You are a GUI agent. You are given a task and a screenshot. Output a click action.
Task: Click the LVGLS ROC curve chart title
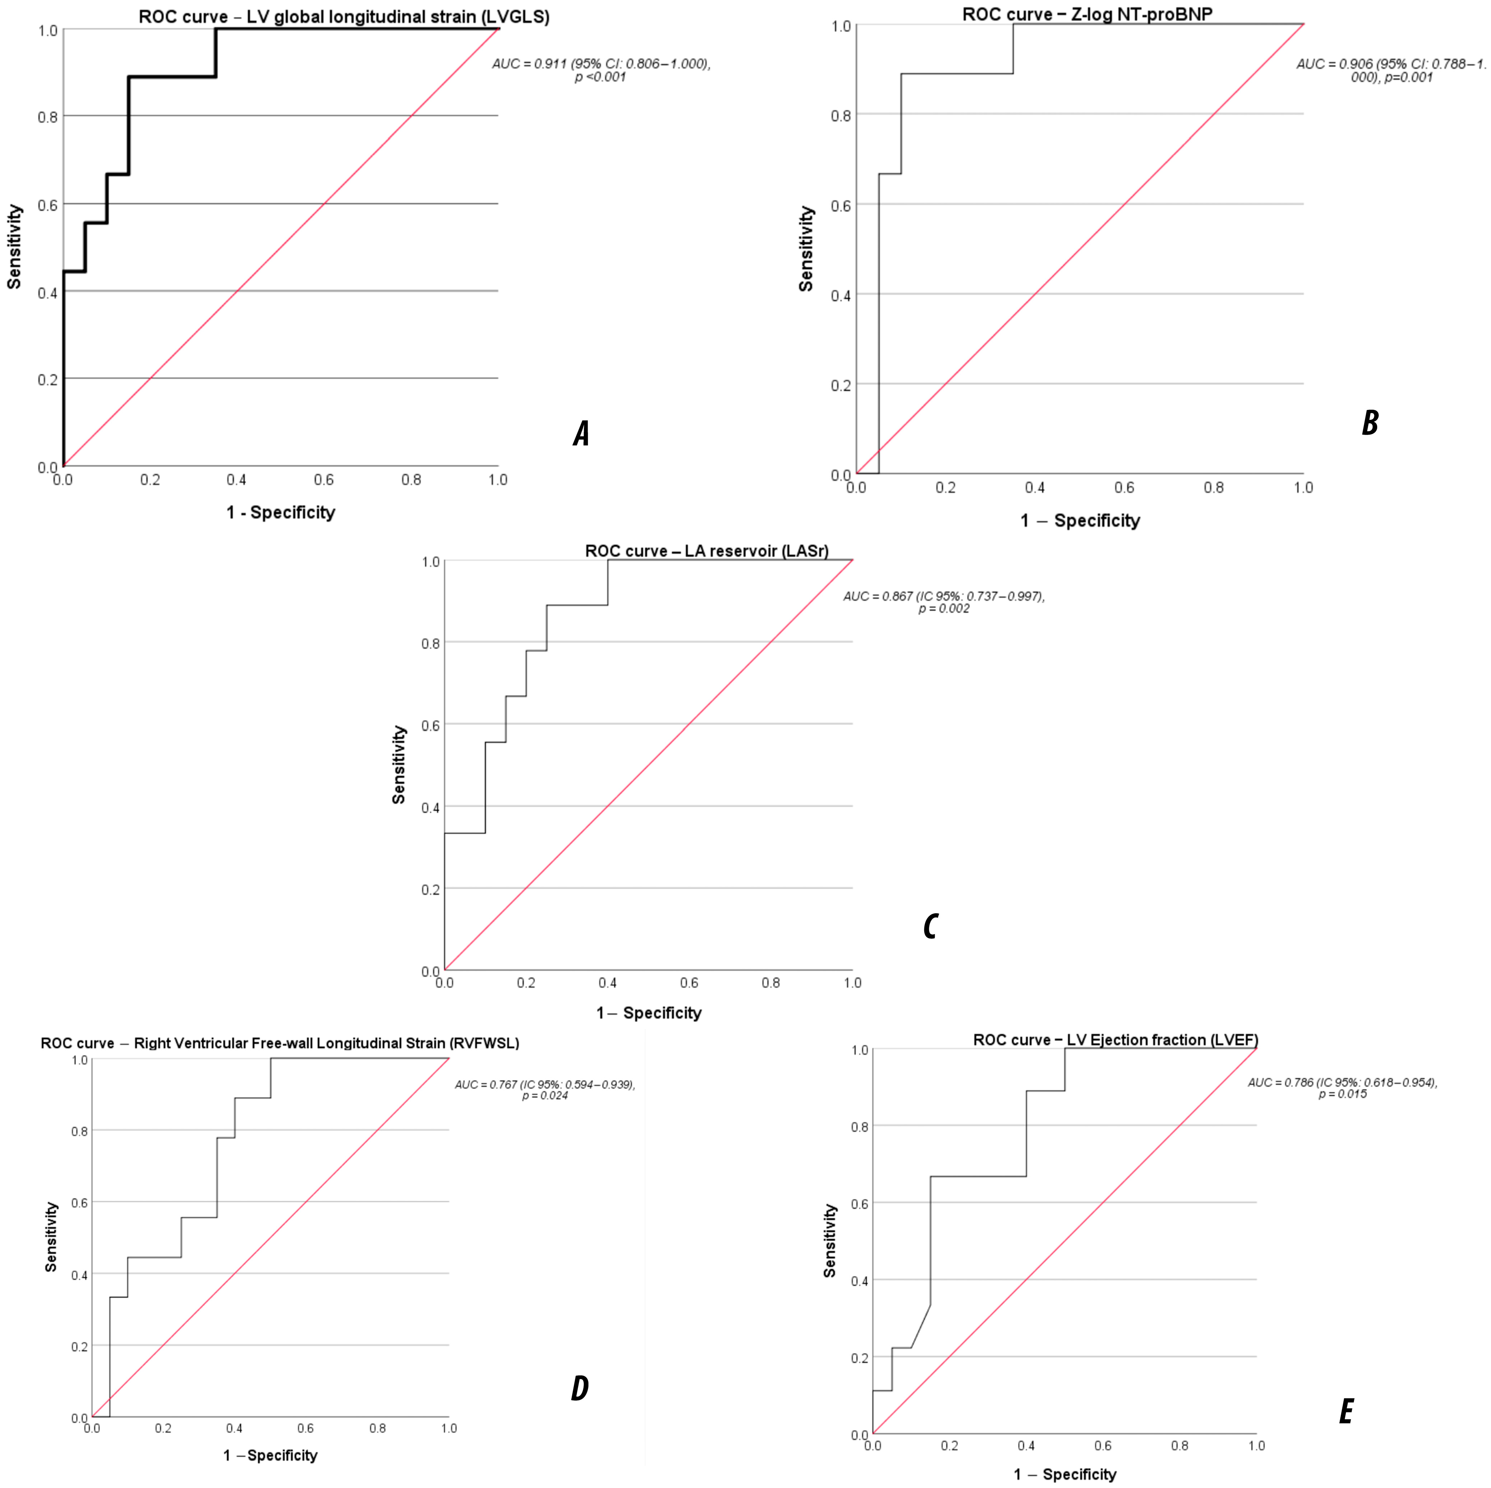point(344,17)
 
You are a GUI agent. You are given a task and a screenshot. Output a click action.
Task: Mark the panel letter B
point(1370,422)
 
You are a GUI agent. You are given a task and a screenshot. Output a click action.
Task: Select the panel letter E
point(1346,1412)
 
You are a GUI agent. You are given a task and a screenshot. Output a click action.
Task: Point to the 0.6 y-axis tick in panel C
point(431,726)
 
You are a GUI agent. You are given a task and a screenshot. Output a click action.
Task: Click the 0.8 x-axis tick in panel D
point(377,1429)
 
